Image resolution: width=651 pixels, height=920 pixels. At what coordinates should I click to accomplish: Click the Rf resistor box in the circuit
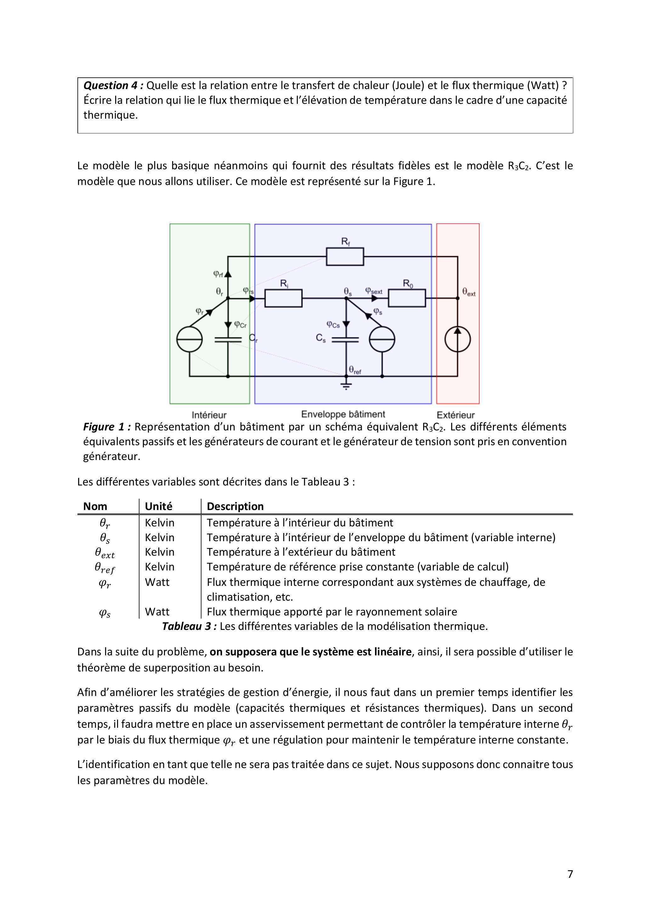tap(345, 256)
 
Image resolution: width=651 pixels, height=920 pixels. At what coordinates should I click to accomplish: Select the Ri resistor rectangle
tap(283, 298)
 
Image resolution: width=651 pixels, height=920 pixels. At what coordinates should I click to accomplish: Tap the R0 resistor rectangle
tap(407, 298)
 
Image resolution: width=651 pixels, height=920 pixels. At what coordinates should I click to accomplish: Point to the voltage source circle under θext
tap(458, 339)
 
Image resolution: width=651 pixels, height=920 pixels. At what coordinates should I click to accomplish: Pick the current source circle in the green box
tap(189, 339)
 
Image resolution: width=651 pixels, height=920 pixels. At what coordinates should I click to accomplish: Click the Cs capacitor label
tap(321, 338)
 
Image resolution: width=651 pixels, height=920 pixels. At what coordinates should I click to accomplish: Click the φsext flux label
tap(374, 291)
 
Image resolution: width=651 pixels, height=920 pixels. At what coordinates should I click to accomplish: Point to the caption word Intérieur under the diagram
tap(209, 415)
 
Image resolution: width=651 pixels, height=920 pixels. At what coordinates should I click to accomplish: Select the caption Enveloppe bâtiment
tap(343, 414)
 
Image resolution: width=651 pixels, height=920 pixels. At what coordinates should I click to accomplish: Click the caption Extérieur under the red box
tap(456, 415)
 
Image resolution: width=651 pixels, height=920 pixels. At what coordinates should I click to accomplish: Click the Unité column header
tap(158, 507)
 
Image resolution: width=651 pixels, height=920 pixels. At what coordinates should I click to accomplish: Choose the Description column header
tap(235, 507)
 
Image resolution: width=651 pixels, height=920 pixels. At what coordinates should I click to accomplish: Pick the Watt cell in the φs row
tap(157, 612)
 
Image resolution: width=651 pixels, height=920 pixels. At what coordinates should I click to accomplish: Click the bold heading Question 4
tap(113, 85)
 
